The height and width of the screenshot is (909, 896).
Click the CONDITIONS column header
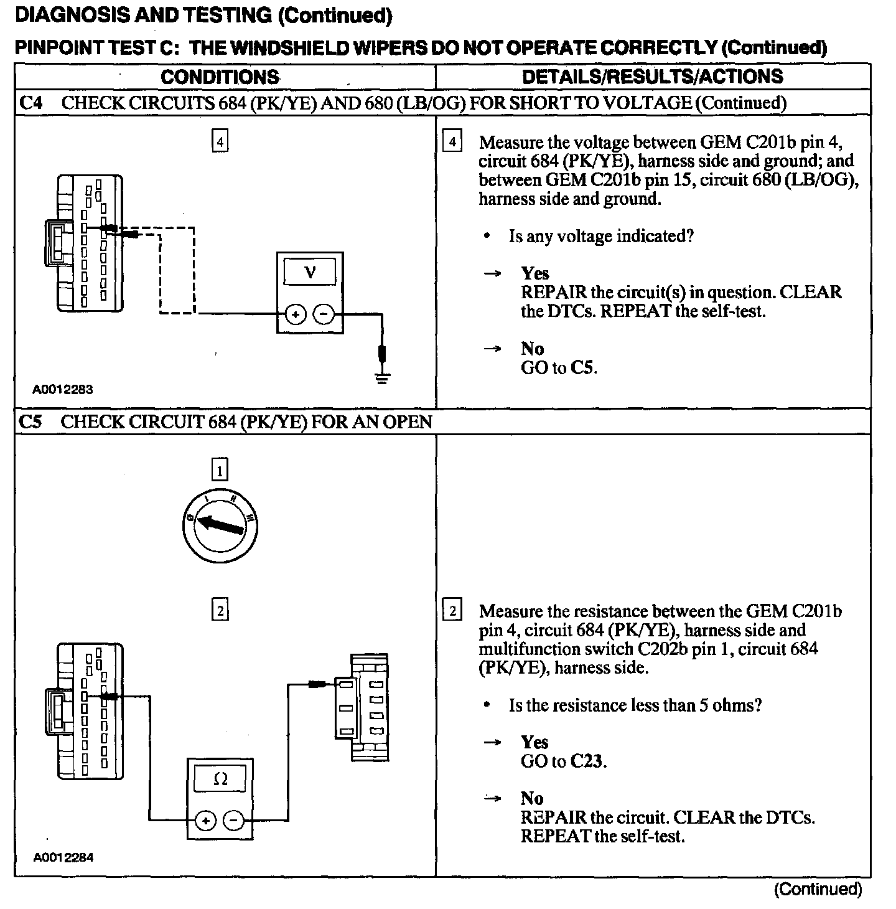coord(220,77)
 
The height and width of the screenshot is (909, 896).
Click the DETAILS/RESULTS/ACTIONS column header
coord(653,77)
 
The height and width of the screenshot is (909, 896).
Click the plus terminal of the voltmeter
coord(295,314)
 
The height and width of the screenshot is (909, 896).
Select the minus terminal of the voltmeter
coord(322,314)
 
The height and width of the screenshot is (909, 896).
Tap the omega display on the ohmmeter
coord(220,779)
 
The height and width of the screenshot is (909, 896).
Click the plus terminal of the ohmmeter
coord(206,821)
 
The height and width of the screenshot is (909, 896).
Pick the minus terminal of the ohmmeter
coord(233,821)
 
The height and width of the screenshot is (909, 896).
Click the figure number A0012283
coord(63,390)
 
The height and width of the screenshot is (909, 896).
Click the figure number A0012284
coord(63,857)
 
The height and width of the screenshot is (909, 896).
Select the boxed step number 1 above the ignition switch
coord(220,470)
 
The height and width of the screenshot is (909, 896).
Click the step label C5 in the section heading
coord(31,422)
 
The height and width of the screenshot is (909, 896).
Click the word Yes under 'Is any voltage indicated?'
coord(535,273)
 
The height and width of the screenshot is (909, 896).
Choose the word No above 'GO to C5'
coord(532,349)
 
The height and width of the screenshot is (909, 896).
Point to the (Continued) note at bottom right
coord(818,889)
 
